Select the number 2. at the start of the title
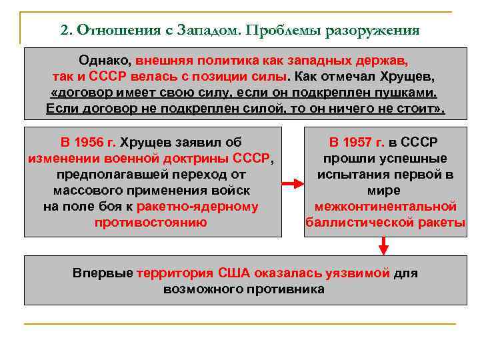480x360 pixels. pyautogui.click(x=66, y=31)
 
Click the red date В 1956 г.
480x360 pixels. pyautogui.click(x=88, y=142)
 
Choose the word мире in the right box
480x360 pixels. pyautogui.click(x=385, y=190)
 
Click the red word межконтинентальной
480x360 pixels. pyautogui.click(x=385, y=206)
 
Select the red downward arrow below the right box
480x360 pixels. pyautogui.click(x=383, y=246)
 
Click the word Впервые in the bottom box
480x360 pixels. pyautogui.click(x=102, y=273)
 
